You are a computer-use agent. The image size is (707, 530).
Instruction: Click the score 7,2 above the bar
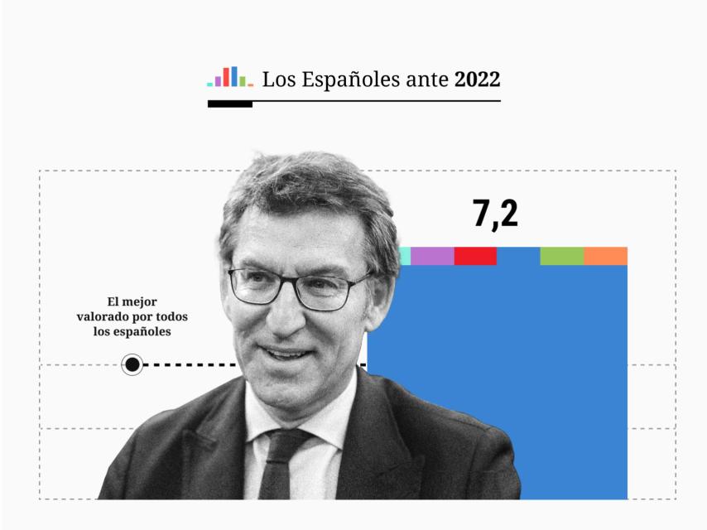pyautogui.click(x=495, y=214)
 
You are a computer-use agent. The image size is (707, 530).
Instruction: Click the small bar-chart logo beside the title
pyautogui.click(x=230, y=77)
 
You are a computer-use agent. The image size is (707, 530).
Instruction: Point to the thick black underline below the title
pyautogui.click(x=229, y=104)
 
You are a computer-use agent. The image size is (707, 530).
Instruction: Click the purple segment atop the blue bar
pyautogui.click(x=432, y=256)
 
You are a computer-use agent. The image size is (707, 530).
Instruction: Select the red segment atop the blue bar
pyautogui.click(x=475, y=256)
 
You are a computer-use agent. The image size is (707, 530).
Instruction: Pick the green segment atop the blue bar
pyautogui.click(x=561, y=256)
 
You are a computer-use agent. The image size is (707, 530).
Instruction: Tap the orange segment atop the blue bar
pyautogui.click(x=605, y=256)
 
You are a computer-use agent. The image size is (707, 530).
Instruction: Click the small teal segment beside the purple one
pyautogui.click(x=405, y=256)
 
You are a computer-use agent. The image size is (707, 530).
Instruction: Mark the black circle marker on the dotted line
pyautogui.click(x=132, y=364)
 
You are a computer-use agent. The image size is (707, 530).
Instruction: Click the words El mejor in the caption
pyautogui.click(x=132, y=301)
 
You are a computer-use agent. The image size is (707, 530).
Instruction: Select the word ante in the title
pyautogui.click(x=426, y=79)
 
